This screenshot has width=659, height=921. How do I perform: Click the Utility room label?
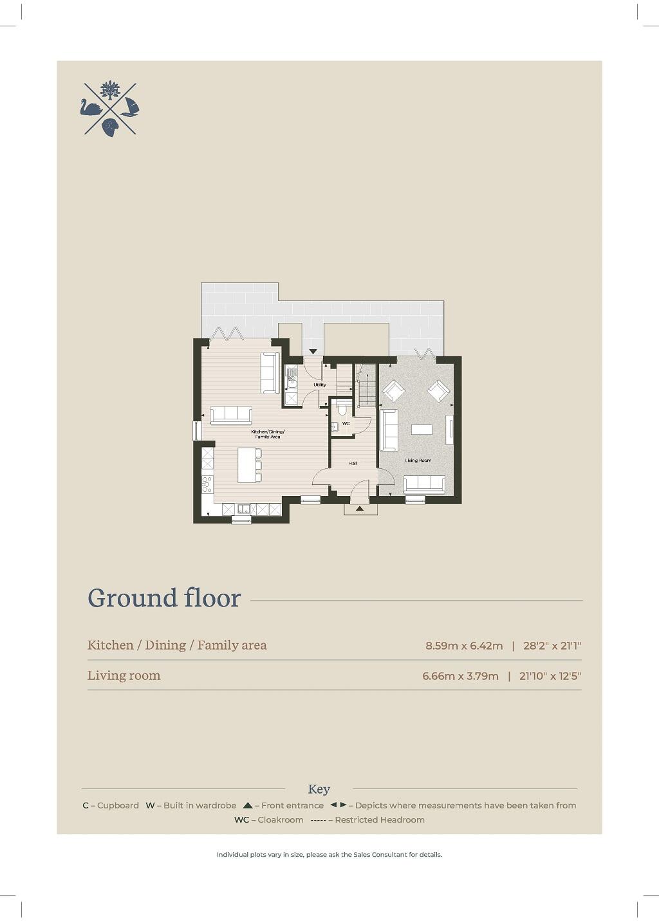pyautogui.click(x=320, y=385)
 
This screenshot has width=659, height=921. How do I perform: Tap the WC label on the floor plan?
pyautogui.click(x=346, y=423)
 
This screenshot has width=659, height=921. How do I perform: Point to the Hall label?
pyautogui.click(x=353, y=463)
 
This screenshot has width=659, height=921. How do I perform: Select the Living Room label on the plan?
pyautogui.click(x=418, y=461)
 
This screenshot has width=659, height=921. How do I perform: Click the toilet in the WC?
pyautogui.click(x=342, y=408)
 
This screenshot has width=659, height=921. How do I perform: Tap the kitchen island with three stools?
pyautogui.click(x=247, y=464)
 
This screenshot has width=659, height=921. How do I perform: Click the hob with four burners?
pyautogui.click(x=207, y=484)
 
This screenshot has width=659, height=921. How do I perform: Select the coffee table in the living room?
pyautogui.click(x=422, y=430)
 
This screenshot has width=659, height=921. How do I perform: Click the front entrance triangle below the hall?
pyautogui.click(x=360, y=509)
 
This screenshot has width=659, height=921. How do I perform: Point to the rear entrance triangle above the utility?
pyautogui.click(x=313, y=352)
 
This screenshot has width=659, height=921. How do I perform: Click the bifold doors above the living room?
pyautogui.click(x=425, y=353)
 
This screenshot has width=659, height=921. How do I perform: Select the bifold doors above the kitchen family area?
pyautogui.click(x=227, y=333)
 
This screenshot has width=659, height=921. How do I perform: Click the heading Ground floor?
pyautogui.click(x=164, y=598)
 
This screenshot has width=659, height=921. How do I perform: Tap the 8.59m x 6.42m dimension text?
pyautogui.click(x=464, y=646)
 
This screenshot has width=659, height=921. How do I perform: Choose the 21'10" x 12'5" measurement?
pyautogui.click(x=550, y=676)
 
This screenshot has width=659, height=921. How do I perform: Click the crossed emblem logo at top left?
pyautogui.click(x=110, y=109)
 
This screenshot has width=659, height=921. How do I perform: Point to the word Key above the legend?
pyautogui.click(x=319, y=789)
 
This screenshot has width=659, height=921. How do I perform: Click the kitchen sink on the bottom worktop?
pyautogui.click(x=243, y=509)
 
